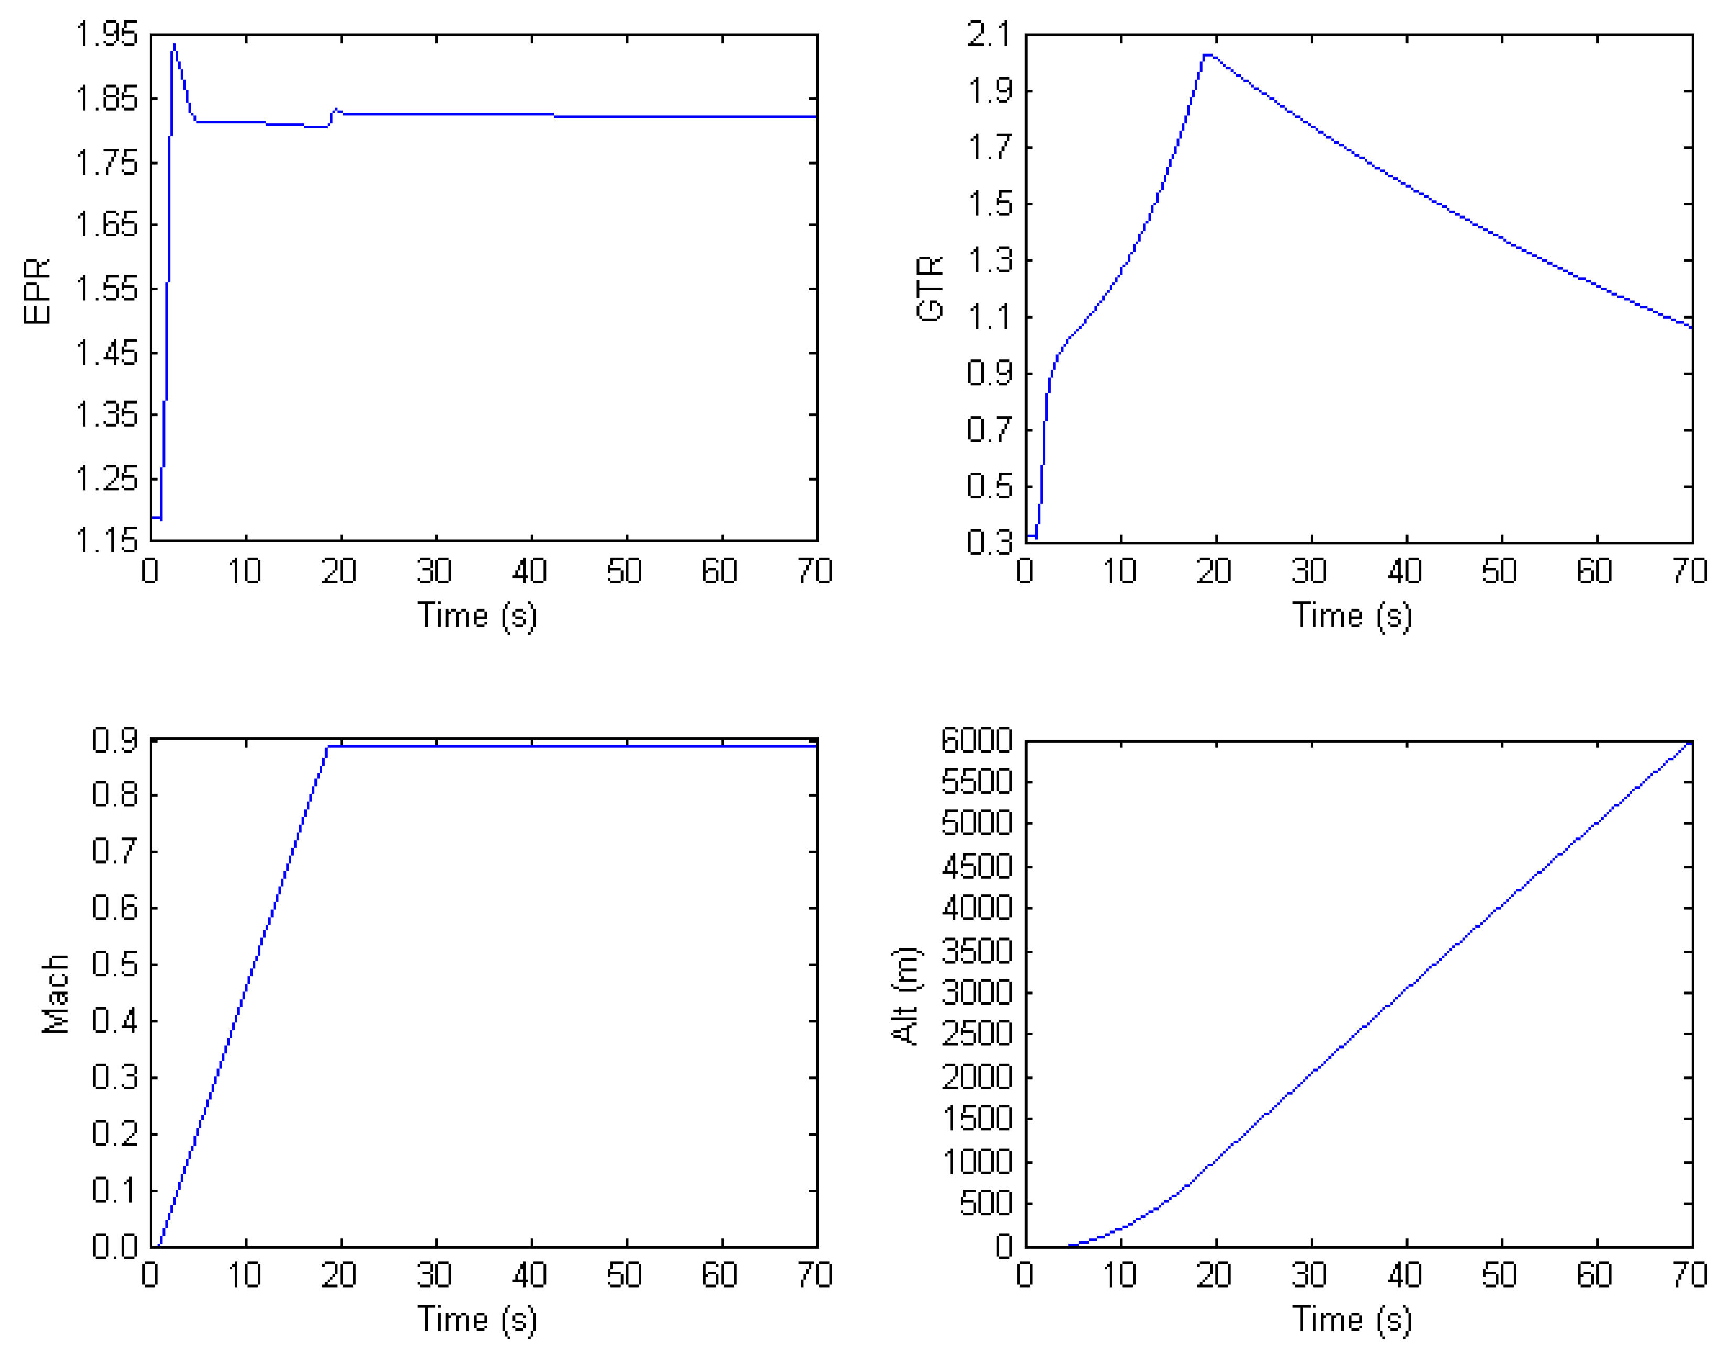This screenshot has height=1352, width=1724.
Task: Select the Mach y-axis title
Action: (x=56, y=994)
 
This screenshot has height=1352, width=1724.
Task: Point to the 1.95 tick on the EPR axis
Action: (x=106, y=35)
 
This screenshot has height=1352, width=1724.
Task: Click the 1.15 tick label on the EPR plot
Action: (x=106, y=541)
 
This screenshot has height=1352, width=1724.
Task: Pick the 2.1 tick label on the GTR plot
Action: (x=989, y=35)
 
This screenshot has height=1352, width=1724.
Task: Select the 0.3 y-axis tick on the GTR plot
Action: (x=989, y=542)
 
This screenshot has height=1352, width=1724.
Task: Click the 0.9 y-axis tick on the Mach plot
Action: (x=115, y=740)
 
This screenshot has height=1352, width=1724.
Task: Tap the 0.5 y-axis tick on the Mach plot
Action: (x=115, y=965)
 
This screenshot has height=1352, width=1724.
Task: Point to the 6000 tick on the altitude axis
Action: (x=977, y=741)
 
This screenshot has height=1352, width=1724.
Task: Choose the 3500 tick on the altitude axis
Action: (x=977, y=951)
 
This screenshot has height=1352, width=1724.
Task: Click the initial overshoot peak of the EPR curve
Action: (x=174, y=46)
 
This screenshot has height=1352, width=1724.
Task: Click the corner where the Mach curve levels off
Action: (x=328, y=746)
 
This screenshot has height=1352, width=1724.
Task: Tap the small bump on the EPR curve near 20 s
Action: (x=336, y=110)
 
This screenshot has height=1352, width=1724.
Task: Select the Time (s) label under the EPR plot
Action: (x=477, y=616)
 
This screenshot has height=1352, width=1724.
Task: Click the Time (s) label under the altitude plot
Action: (x=1352, y=1320)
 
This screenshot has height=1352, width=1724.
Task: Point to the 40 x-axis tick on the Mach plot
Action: (x=530, y=1275)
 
